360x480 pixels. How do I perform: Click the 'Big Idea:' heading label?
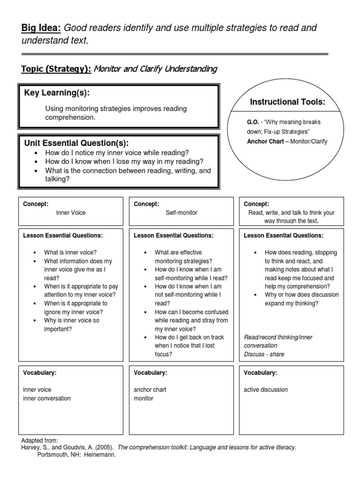[x=41, y=28]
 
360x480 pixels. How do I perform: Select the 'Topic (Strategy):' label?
[x=56, y=69]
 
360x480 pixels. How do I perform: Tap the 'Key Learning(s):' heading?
[x=57, y=93]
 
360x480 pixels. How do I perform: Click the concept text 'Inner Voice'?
[x=71, y=213]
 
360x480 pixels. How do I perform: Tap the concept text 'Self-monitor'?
[x=181, y=213]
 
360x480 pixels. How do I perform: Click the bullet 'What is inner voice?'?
[x=70, y=252]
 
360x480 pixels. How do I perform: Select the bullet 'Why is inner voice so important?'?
[x=71, y=324]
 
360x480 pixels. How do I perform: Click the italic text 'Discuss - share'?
[x=264, y=354]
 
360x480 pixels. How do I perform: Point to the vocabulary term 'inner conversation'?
[x=47, y=398]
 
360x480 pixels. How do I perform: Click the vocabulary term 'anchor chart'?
[x=150, y=390]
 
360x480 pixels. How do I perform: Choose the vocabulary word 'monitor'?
[x=143, y=398]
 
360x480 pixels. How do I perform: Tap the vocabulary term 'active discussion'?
[x=266, y=390]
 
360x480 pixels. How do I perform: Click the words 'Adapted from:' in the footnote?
[x=40, y=441]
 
